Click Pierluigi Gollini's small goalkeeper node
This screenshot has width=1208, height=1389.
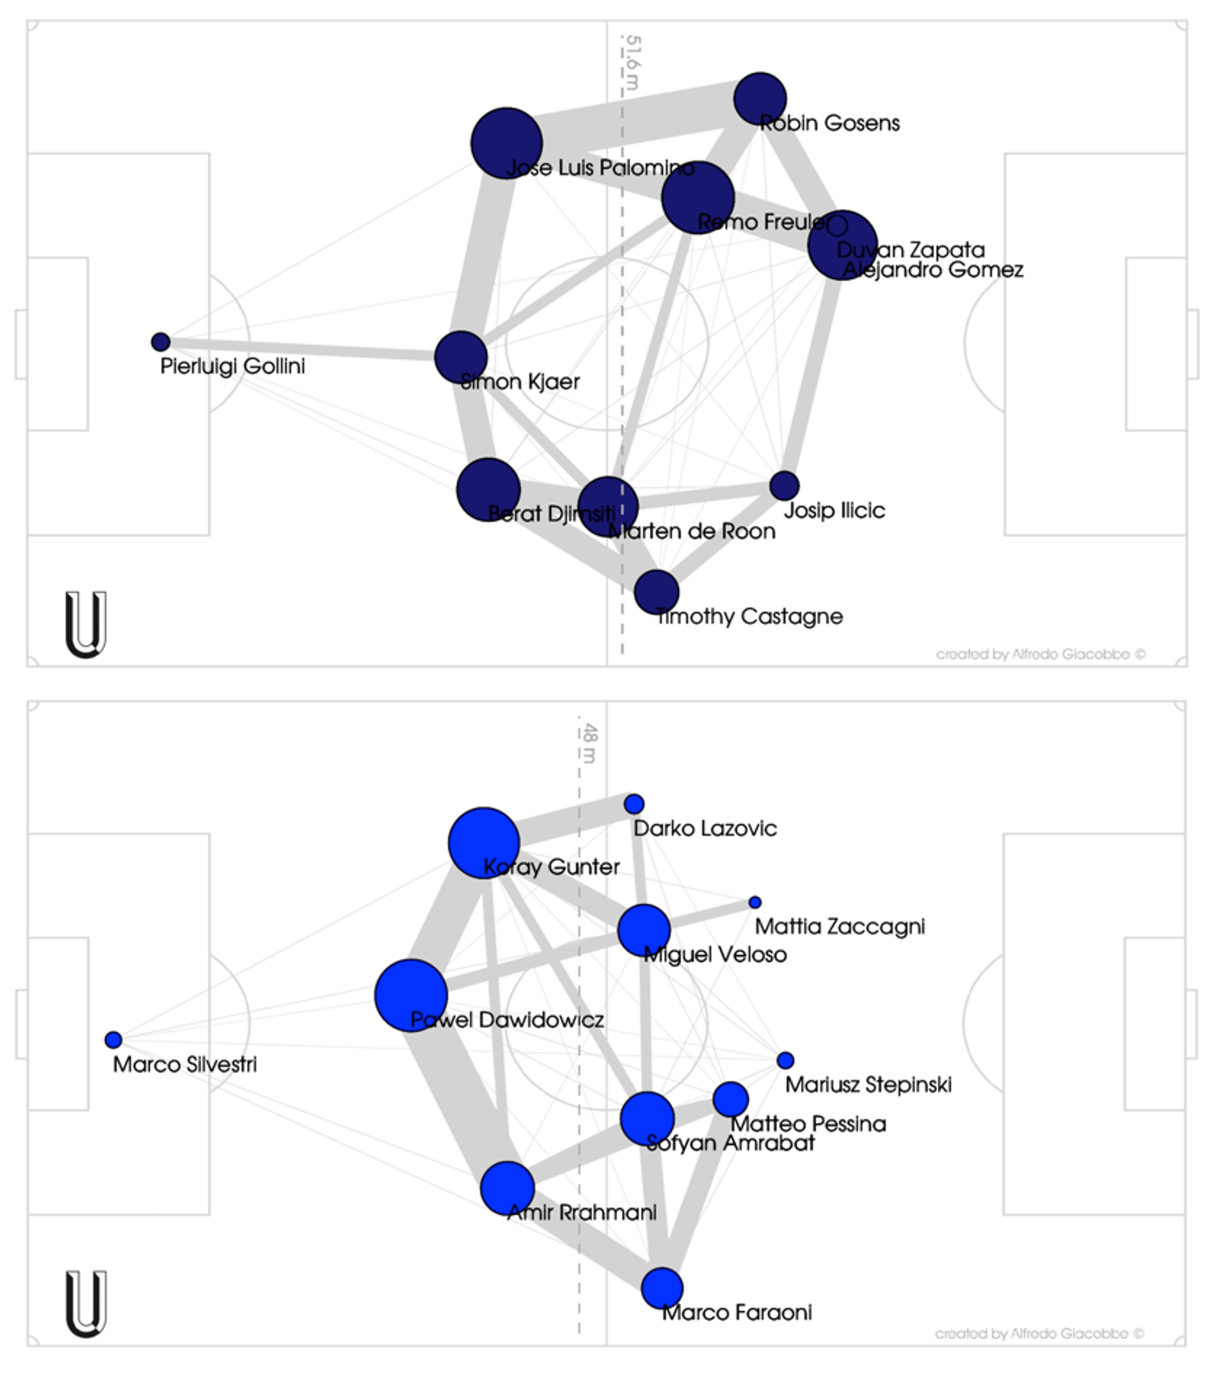[160, 341]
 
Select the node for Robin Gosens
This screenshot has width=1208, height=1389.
[760, 98]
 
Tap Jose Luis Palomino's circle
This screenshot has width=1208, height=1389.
[506, 143]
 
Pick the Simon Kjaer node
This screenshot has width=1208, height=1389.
[461, 357]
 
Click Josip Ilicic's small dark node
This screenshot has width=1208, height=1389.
[784, 485]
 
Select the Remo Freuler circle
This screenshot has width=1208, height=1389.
[698, 197]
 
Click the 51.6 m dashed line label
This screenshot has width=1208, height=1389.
[632, 62]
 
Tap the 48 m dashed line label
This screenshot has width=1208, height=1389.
[589, 743]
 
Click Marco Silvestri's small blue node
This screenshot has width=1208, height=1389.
[113, 1039]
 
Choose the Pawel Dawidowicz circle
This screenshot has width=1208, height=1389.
[410, 995]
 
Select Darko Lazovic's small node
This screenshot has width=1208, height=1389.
[634, 804]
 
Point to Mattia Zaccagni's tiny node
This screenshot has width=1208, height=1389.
[755, 902]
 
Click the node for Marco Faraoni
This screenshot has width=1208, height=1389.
[662, 1288]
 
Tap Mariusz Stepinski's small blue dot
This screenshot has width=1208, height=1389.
[785, 1060]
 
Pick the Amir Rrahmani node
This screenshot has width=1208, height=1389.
[507, 1188]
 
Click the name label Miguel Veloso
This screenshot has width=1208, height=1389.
[715, 955]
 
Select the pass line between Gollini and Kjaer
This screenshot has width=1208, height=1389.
[303, 348]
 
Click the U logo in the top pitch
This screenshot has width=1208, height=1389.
[86, 624]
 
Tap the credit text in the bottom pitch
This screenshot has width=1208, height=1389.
[1039, 1334]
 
